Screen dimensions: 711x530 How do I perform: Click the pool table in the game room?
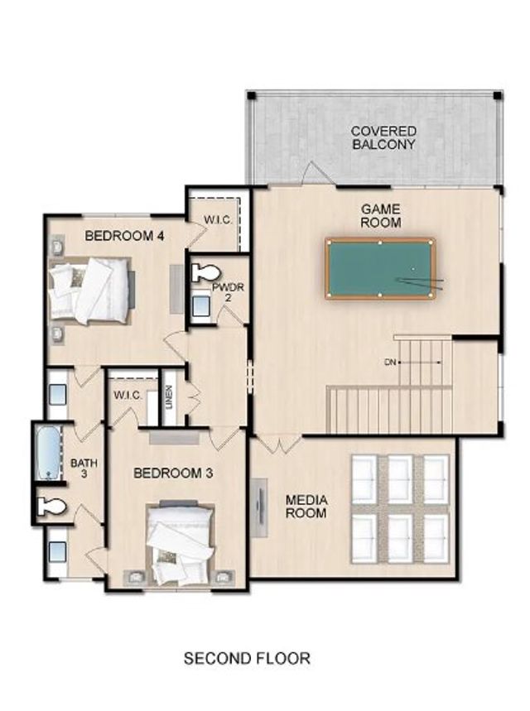pyautogui.click(x=380, y=268)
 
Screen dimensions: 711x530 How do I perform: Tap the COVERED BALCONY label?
pyautogui.click(x=383, y=137)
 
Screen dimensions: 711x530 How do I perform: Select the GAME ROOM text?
pyautogui.click(x=380, y=216)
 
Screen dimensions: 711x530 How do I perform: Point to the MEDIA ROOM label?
pyautogui.click(x=306, y=507)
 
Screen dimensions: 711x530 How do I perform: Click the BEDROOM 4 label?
pyautogui.click(x=124, y=236)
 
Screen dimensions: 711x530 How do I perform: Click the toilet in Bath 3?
pyautogui.click(x=51, y=507)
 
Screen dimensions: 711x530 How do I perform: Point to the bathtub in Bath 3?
pyautogui.click(x=49, y=452)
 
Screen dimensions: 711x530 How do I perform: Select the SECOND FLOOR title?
pyautogui.click(x=247, y=659)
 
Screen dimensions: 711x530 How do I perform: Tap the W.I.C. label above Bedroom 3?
pyautogui.click(x=128, y=395)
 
